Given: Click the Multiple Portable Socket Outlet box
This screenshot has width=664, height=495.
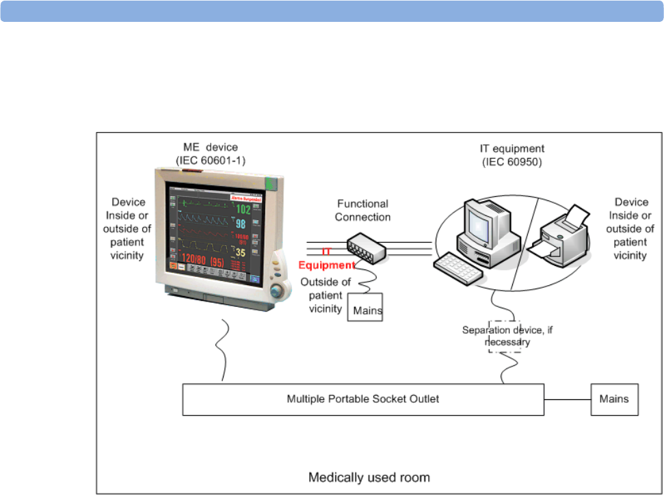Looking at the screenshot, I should tap(363, 399).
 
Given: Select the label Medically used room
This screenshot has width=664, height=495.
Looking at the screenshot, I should tap(369, 477).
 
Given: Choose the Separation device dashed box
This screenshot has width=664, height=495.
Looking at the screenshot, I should tap(505, 335).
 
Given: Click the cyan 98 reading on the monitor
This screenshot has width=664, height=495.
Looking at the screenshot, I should tap(241, 225).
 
